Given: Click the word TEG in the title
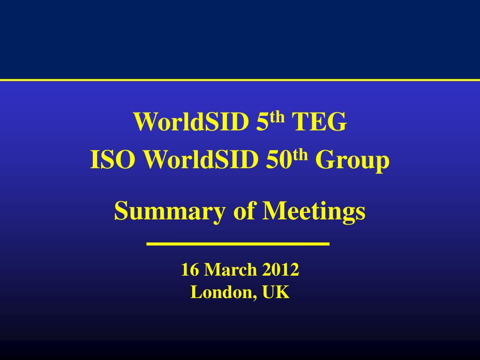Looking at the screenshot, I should (x=320, y=122).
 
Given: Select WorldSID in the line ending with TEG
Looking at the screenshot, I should (x=192, y=122).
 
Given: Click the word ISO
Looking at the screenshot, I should (x=113, y=161).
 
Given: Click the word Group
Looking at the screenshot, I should (x=352, y=161).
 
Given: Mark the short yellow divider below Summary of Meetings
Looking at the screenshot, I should (x=238, y=244).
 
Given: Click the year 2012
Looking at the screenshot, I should (x=281, y=270).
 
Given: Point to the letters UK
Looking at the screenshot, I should (x=276, y=292).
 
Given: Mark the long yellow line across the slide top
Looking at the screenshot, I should (x=240, y=80).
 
